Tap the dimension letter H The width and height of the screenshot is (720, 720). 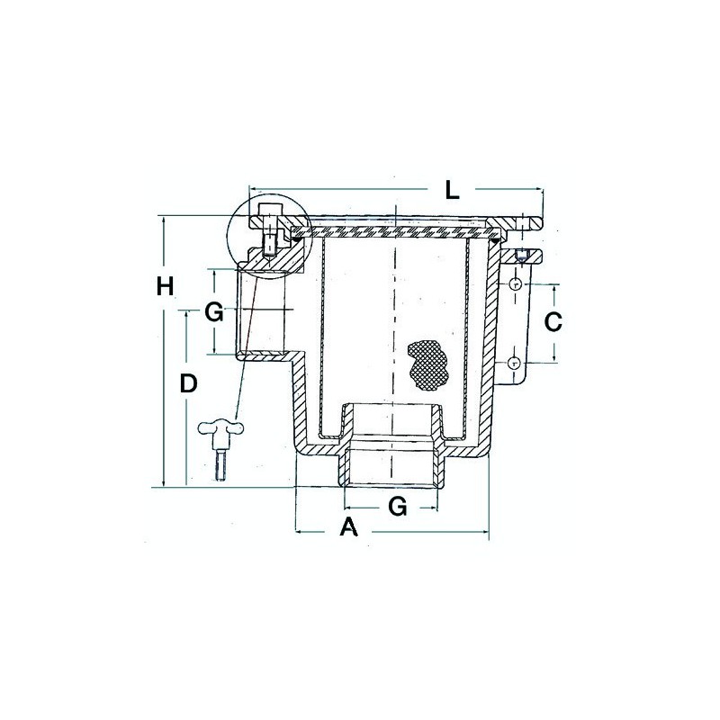(x=164, y=287)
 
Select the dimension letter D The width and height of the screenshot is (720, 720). (x=187, y=383)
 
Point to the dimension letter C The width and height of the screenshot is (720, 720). (x=555, y=320)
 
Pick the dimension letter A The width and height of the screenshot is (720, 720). (x=348, y=528)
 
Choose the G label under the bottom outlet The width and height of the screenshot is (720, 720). (x=396, y=506)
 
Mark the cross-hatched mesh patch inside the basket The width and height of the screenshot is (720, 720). (x=425, y=364)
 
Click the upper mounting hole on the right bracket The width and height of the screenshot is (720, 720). (x=514, y=284)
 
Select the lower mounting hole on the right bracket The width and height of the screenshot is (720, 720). (x=514, y=363)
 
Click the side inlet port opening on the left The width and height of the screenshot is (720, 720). (x=264, y=310)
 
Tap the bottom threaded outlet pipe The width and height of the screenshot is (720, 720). (x=392, y=459)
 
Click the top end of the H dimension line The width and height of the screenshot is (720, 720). (x=164, y=218)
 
